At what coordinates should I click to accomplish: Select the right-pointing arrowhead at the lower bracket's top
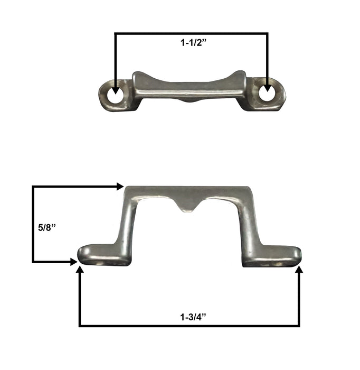(120, 186)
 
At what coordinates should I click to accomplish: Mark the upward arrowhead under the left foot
(80, 271)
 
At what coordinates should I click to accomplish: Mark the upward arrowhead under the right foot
(299, 271)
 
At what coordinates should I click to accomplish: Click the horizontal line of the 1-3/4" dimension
(190, 326)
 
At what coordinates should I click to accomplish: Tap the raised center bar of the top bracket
(190, 87)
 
